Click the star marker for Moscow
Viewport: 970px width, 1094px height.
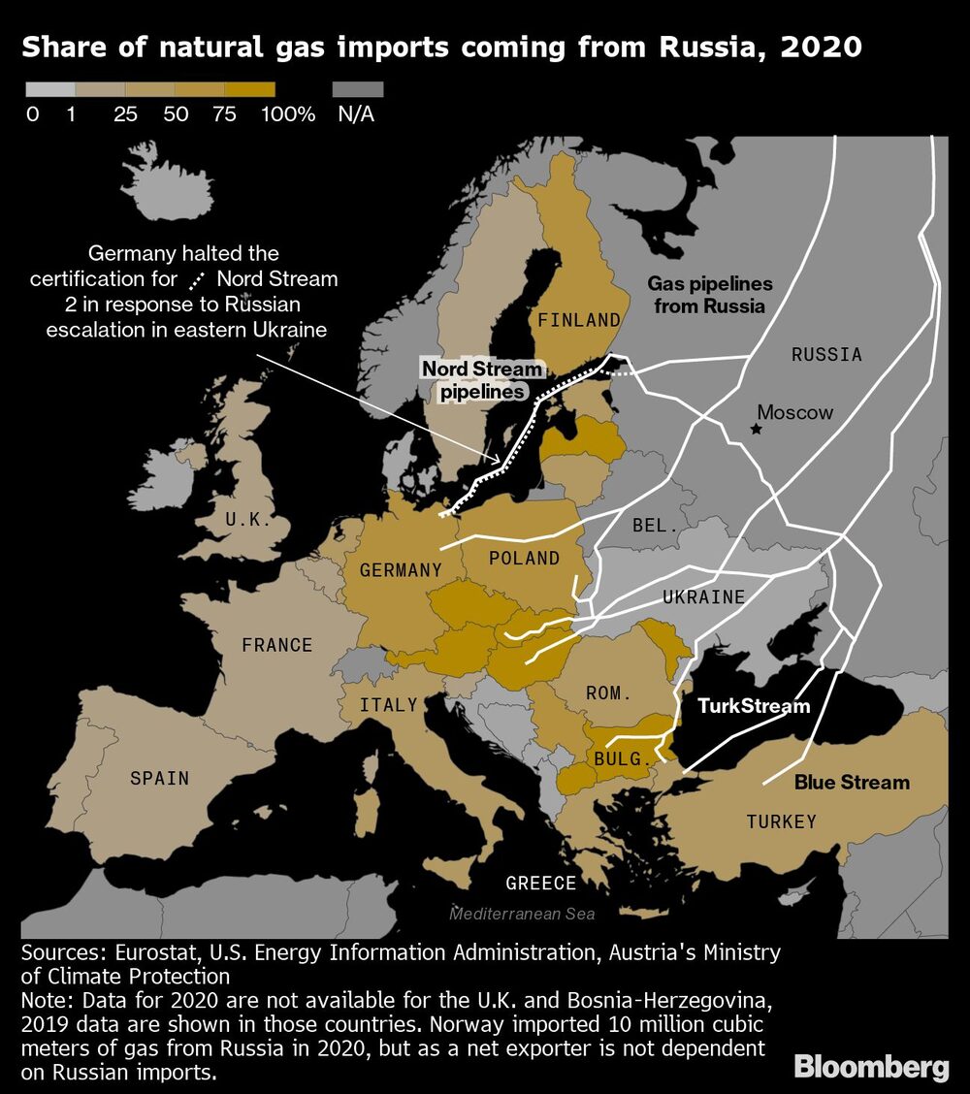[757, 428]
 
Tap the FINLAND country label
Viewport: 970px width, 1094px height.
[579, 319]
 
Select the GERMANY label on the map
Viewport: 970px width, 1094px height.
[401, 570]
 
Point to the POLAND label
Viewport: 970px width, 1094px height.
[524, 558]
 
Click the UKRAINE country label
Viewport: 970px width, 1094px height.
[704, 596]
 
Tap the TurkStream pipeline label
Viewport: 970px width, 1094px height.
[754, 705]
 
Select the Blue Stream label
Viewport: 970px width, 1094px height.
[852, 782]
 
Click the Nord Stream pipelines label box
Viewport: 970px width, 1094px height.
[482, 380]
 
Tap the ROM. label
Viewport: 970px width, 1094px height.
[608, 693]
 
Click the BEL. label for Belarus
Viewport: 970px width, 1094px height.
[655, 525]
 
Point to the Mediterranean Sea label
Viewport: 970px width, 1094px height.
[522, 914]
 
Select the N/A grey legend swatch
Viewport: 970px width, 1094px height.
[358, 89]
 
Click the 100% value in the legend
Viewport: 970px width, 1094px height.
[288, 114]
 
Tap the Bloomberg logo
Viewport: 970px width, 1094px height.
[871, 1068]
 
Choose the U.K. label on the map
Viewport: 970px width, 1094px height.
[248, 519]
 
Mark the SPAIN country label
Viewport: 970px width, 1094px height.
[159, 778]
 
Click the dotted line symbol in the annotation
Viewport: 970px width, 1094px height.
[196, 280]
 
